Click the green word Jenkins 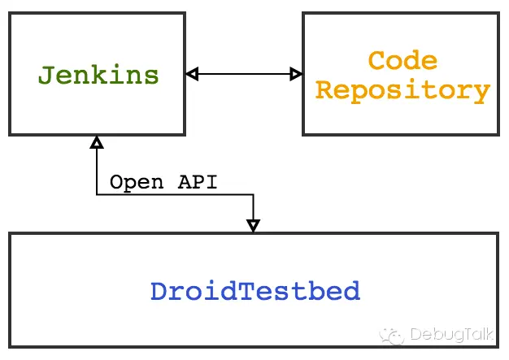98,75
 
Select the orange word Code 402,61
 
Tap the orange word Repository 402,89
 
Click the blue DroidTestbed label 254,291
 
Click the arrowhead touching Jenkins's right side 192,75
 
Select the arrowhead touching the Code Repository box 296,75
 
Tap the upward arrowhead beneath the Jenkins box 97,143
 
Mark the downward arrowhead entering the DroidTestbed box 253,225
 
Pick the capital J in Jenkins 46,75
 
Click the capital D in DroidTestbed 158,291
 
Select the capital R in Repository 324,89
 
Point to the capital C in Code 376,61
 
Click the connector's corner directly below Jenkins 97,194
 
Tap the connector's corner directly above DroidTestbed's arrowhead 253,194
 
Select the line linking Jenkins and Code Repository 244,75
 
